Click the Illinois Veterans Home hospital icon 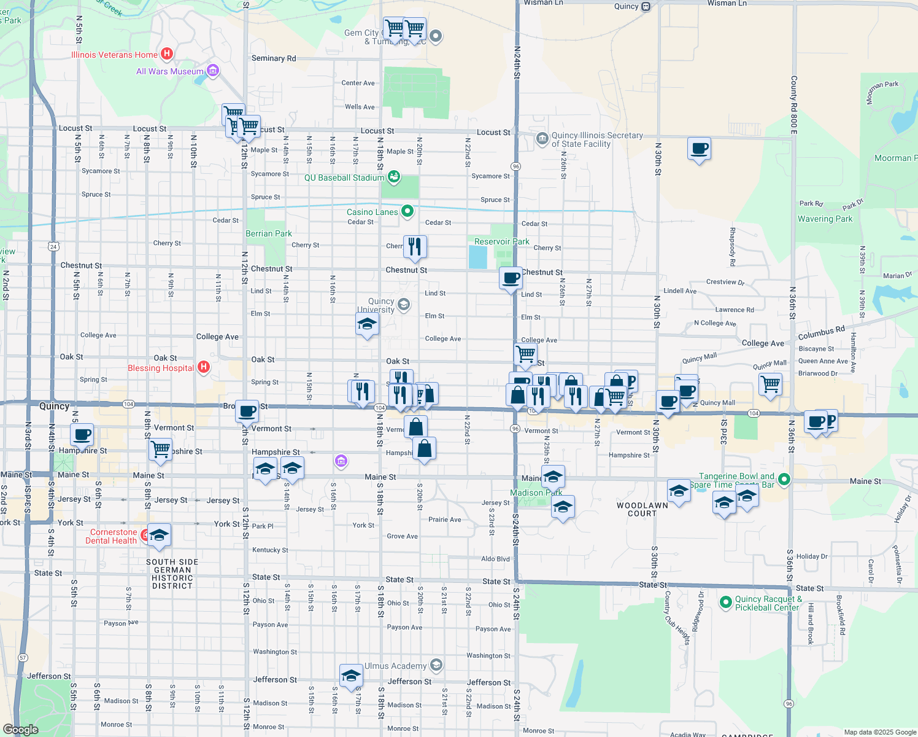point(166,54)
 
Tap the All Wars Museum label point(170,71)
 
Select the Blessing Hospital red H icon point(204,367)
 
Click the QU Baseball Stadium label point(344,177)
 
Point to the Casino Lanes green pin point(407,212)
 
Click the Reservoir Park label point(501,241)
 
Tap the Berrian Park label point(269,233)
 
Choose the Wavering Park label point(825,219)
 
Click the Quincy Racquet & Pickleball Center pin point(725,602)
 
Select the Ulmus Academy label point(395,666)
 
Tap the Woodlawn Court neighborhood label point(642,509)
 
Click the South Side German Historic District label point(172,574)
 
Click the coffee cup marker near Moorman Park point(699,149)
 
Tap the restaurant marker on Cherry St point(415,246)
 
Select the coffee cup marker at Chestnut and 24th point(511,278)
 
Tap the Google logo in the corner point(20,729)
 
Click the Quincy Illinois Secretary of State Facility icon point(542,138)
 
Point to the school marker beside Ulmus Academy point(350,676)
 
